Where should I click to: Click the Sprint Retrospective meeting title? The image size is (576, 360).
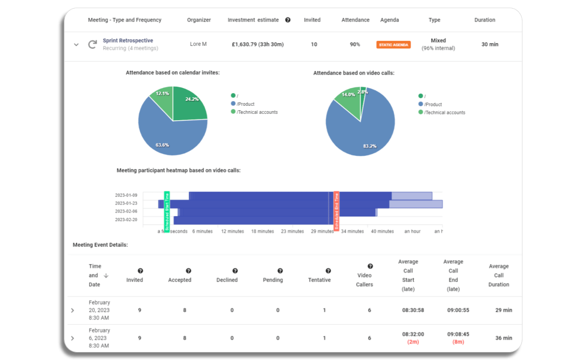point(128,40)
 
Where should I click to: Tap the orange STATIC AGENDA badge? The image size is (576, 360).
point(393,45)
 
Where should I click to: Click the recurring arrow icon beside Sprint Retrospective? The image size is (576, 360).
point(92,45)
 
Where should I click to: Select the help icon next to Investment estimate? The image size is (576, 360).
point(288,20)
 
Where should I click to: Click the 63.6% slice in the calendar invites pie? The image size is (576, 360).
point(166,135)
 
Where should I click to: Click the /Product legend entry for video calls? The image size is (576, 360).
point(433,104)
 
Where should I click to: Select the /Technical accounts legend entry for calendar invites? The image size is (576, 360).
point(257,112)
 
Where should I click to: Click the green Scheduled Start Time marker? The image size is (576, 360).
point(167,211)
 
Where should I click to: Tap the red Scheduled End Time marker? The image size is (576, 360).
point(336,211)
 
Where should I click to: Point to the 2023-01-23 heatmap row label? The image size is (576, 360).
point(126,203)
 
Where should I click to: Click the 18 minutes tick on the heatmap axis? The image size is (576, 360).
point(262,231)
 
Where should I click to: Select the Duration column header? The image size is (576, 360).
point(485,20)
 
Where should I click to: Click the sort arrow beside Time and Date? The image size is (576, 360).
point(106,275)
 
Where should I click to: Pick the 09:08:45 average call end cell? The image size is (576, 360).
point(453,334)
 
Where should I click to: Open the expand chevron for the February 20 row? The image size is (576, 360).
point(72,310)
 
